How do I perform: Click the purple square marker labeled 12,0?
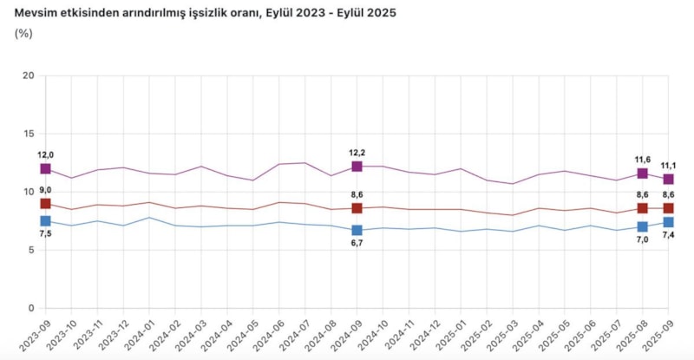point(45,168)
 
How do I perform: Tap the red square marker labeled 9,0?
point(45,204)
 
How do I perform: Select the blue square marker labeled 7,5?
point(45,221)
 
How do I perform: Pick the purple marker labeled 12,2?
point(357,166)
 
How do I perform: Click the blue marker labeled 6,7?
point(357,230)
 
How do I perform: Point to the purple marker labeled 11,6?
point(642,173)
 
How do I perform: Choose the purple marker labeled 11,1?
point(668,179)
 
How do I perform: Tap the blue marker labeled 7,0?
point(642,226)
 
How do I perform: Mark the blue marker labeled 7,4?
point(668,222)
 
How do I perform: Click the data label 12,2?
point(357,153)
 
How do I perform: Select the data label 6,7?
point(357,245)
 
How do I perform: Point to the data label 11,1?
point(668,166)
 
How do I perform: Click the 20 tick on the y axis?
point(29,75)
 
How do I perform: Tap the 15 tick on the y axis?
point(29,134)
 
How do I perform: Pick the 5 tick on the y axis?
point(31,250)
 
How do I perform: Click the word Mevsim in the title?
point(37,10)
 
